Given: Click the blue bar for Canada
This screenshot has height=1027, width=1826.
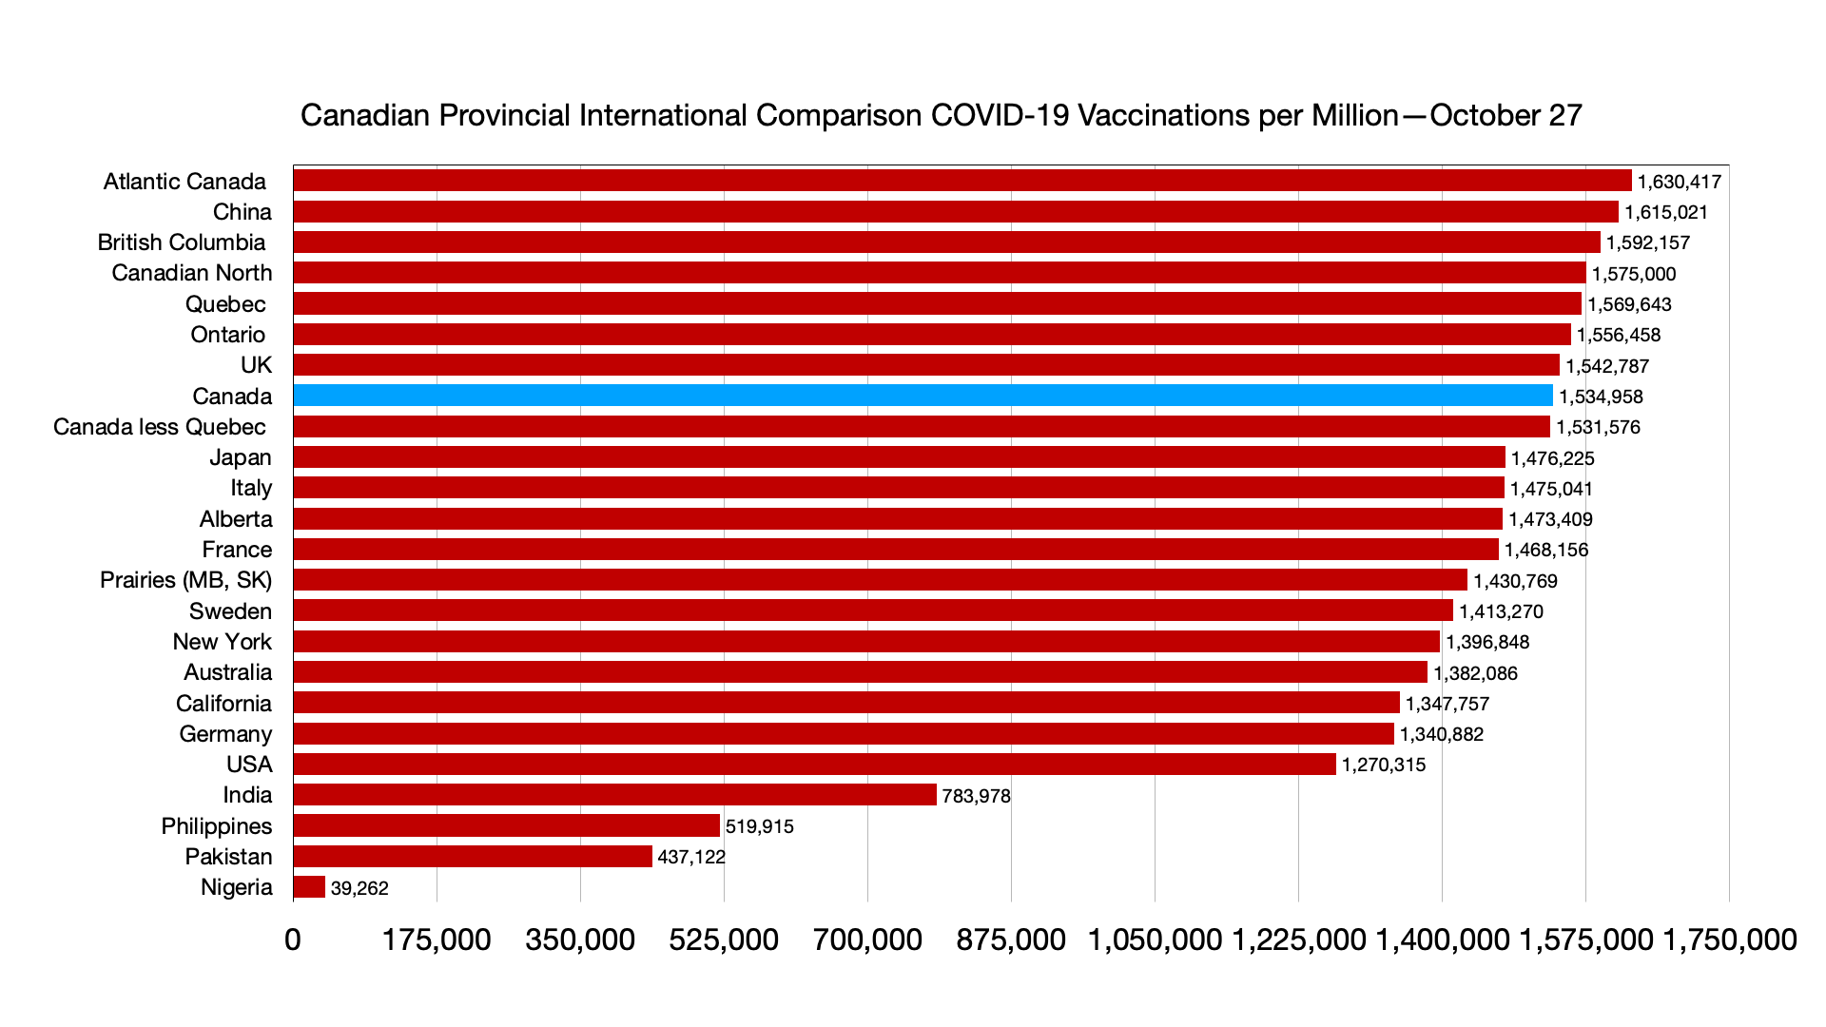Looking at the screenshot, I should [923, 396].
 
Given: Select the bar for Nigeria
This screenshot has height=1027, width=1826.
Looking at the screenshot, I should [309, 887].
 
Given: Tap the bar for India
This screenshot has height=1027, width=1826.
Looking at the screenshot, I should [614, 795].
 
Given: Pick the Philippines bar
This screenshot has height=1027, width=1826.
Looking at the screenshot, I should [506, 825].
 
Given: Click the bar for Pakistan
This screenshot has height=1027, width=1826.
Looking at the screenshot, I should [473, 857].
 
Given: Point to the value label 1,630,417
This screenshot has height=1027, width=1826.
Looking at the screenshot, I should [1679, 182].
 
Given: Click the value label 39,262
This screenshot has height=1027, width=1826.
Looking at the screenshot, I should [359, 888].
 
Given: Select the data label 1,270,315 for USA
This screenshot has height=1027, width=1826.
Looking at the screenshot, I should [1384, 765].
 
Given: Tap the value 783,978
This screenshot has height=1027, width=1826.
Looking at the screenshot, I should [976, 796].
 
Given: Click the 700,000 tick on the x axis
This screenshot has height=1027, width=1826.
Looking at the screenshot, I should [867, 940].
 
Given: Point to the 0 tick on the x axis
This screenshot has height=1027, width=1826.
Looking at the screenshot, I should [293, 940].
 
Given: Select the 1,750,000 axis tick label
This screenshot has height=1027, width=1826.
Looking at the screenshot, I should [1729, 940].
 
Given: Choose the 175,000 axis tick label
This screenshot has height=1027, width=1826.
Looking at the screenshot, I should [437, 940].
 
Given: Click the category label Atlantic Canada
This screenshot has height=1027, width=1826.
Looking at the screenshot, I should [185, 182].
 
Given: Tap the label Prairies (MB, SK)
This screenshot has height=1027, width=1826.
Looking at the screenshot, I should [185, 580].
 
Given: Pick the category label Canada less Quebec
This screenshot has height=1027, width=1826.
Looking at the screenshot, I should [159, 427].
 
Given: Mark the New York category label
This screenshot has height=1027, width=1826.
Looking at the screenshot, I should [222, 642].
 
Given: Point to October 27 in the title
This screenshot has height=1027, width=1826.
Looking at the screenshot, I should [1505, 115].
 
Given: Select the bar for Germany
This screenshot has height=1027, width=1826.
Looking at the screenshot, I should [844, 734].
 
